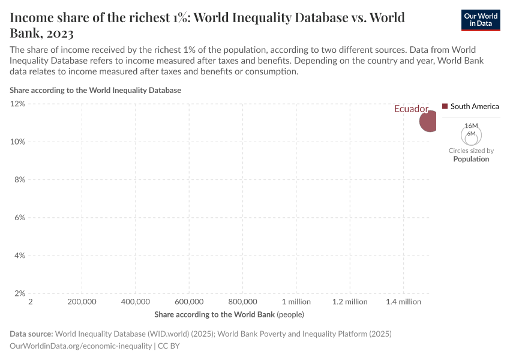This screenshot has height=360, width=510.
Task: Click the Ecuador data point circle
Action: click(428, 121)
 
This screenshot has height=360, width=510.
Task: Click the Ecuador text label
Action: click(411, 109)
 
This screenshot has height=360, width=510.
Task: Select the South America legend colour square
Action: click(445, 106)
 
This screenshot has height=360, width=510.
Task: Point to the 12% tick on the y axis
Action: click(17, 104)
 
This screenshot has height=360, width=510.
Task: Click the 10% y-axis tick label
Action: click(17, 142)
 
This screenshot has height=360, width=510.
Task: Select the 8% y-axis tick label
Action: click(19, 179)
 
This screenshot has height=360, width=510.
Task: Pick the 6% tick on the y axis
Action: click(19, 218)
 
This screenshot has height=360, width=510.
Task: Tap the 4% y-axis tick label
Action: click(19, 256)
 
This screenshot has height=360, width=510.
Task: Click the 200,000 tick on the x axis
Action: click(82, 302)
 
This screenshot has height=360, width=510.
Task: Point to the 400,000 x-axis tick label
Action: click(136, 302)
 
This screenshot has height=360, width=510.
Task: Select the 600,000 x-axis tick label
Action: click(190, 302)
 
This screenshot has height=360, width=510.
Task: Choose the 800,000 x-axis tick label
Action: click(243, 302)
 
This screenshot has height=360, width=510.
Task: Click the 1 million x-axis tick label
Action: click(296, 302)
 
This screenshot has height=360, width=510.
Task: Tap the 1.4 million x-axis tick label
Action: click(403, 302)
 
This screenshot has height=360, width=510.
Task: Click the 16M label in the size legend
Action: click(471, 125)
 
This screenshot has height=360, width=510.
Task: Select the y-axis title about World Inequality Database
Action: click(95, 90)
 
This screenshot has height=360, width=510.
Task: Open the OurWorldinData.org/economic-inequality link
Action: click(81, 346)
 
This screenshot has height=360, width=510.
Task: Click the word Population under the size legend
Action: click(471, 159)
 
